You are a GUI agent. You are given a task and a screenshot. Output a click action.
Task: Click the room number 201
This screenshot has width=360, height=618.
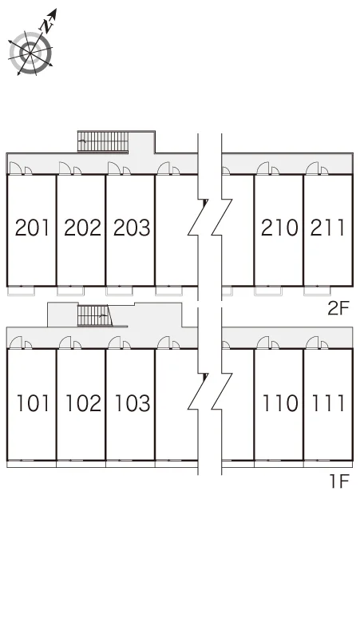tap(33, 228)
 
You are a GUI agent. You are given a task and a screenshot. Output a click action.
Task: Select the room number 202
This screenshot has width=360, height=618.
tap(82, 228)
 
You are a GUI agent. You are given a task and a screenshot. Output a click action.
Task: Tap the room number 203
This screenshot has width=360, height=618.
tap(132, 228)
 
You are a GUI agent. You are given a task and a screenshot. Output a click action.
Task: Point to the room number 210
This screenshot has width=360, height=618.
tap(279, 228)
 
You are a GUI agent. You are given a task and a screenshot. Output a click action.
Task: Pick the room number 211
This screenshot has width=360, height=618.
tap(328, 228)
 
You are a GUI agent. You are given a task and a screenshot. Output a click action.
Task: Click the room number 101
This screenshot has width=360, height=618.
tap(33, 403)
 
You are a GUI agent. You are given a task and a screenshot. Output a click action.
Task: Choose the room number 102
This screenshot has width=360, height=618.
tap(83, 403)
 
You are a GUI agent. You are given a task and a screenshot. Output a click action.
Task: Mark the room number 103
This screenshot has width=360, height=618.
tap(133, 403)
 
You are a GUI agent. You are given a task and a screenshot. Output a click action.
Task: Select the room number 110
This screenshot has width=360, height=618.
tap(280, 403)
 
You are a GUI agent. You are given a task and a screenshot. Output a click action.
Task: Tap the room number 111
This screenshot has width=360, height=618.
tap(329, 403)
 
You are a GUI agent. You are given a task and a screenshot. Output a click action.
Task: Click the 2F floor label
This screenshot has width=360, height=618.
tap(338, 308)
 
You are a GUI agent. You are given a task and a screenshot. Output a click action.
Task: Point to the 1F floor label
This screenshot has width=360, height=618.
tap(339, 481)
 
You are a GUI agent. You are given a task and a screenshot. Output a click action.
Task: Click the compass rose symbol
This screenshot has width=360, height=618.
tap(30, 53)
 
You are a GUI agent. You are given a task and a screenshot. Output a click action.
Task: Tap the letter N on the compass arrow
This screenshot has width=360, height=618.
tap(48, 26)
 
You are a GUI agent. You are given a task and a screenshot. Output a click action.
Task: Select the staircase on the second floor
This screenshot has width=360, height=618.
tap(103, 141)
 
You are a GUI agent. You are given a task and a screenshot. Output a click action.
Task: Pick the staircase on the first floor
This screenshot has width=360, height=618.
tap(95, 315)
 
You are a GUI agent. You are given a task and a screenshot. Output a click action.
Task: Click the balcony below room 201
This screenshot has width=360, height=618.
tap(22, 291)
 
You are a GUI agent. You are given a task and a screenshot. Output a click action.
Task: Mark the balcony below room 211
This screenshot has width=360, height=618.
tap(318, 291)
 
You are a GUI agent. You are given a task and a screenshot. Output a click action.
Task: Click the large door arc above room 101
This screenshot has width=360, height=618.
tap(16, 342)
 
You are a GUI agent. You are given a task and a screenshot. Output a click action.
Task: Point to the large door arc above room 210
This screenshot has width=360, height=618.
tap(263, 168)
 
